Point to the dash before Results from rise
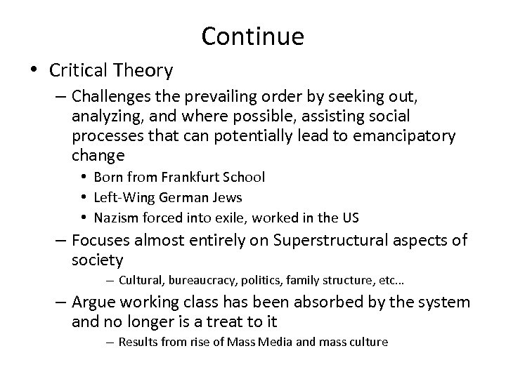pos(110,343)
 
